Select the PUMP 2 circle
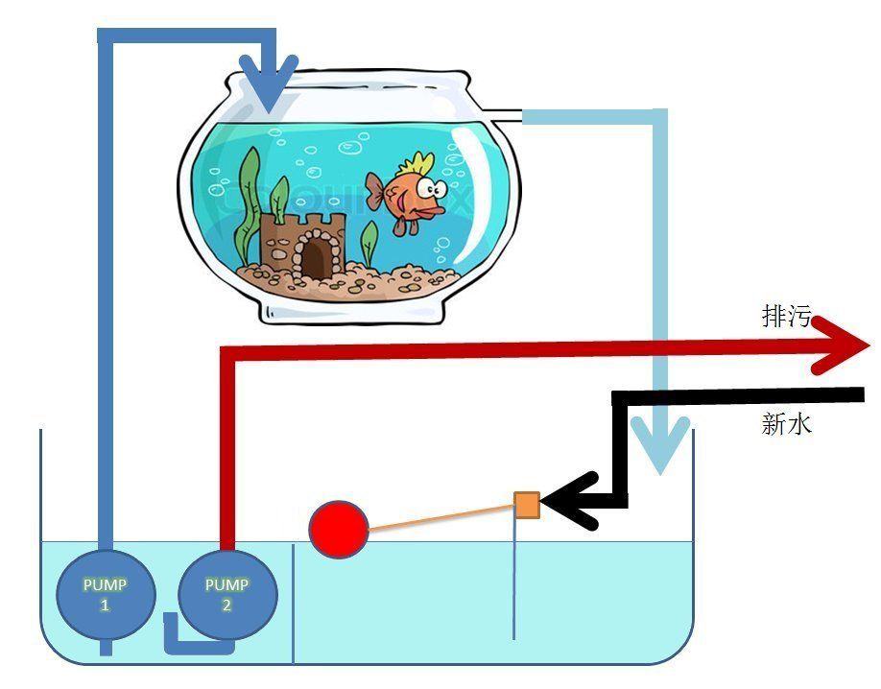tap(226, 594)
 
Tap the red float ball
tap(339, 528)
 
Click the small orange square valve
tap(527, 505)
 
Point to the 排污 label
tap(786, 317)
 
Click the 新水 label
tap(786, 424)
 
